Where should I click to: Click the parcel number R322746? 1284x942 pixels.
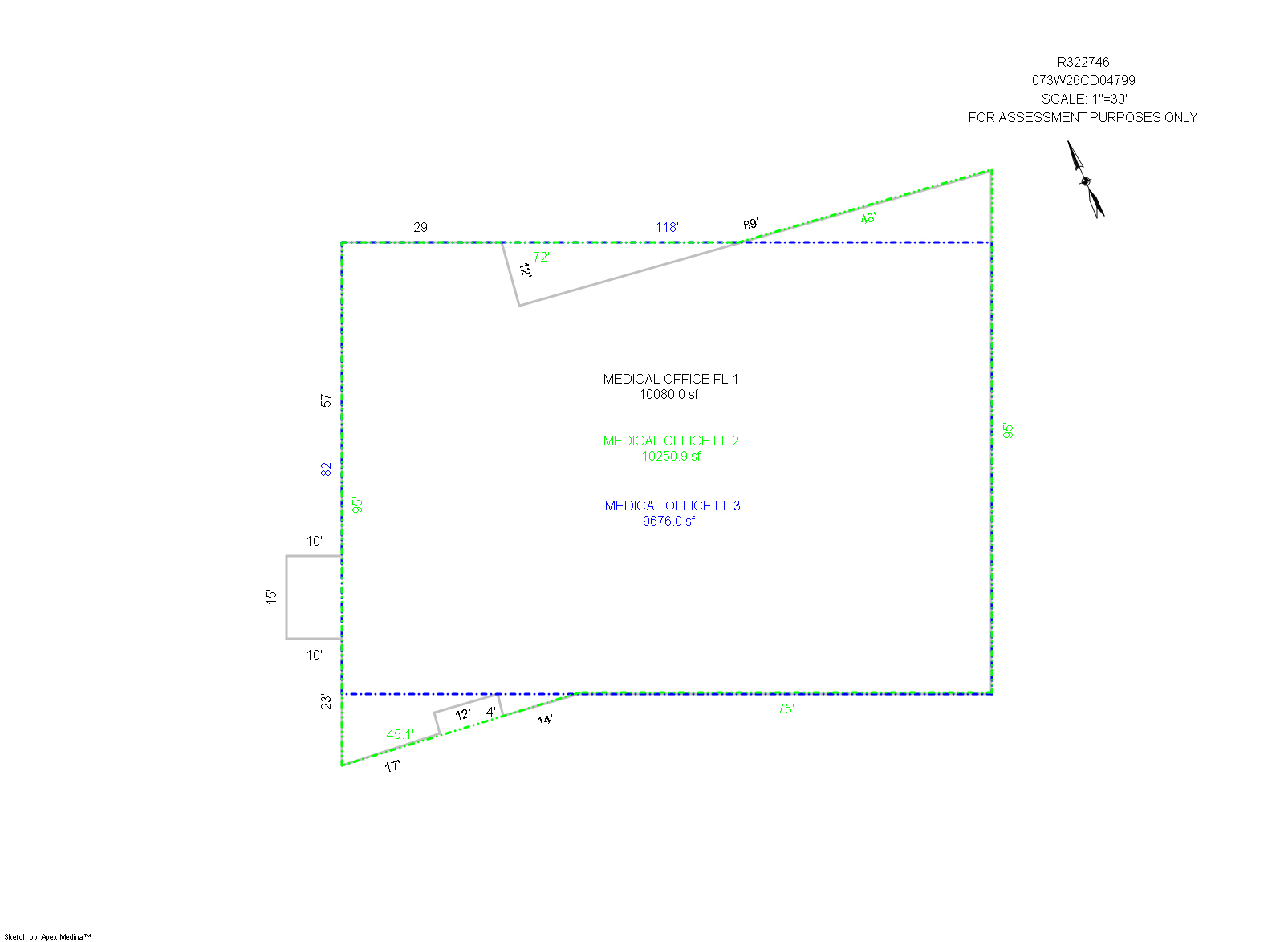coord(1083,62)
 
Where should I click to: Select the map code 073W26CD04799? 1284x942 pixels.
coord(1083,80)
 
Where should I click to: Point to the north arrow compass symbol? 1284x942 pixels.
coord(1085,180)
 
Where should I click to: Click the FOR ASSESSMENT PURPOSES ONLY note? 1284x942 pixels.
coord(1083,117)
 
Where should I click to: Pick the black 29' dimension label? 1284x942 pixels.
coord(421,227)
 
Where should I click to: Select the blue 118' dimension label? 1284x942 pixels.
coord(667,227)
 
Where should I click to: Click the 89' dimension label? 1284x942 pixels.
coord(750,224)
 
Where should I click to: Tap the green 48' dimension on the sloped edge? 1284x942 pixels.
coord(868,217)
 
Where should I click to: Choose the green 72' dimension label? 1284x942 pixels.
coord(541,257)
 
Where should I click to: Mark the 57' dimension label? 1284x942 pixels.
coord(326,399)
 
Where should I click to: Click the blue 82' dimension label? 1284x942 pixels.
coord(326,468)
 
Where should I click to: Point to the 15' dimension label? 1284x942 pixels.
coord(271,596)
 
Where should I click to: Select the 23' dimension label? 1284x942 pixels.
coord(326,701)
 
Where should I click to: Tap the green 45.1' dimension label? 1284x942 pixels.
coord(400,734)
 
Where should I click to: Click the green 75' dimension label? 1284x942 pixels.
coord(786,709)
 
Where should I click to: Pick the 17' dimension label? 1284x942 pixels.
coord(392,765)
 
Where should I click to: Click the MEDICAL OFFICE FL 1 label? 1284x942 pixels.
coord(670,379)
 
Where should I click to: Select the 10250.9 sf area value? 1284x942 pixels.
coord(671,456)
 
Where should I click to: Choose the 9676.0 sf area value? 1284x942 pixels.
coord(668,520)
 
